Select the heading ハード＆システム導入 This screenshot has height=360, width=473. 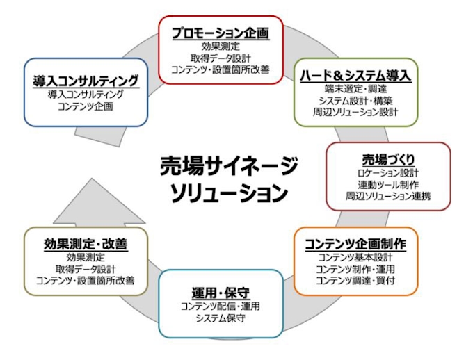tap(356, 75)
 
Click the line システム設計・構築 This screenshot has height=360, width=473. tap(356, 101)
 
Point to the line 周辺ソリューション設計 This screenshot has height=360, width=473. tap(356, 113)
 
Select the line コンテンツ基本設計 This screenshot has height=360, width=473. tap(356, 257)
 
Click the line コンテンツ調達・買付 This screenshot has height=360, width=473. tap(356, 281)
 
